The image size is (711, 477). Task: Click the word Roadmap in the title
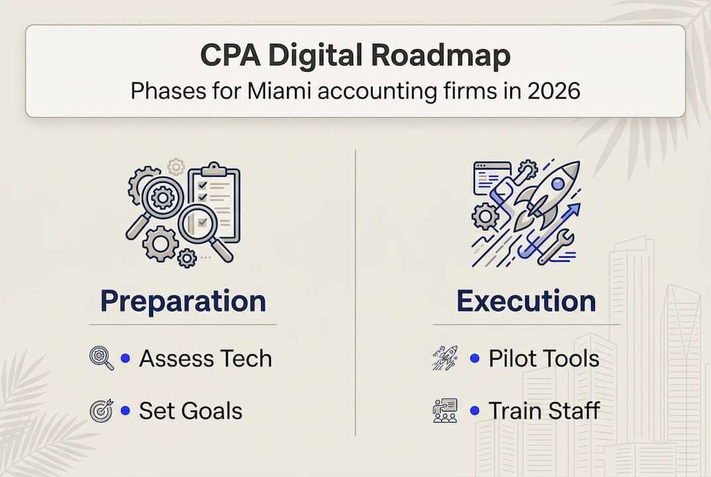(447, 56)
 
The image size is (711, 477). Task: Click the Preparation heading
(183, 301)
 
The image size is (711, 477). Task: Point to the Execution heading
(526, 301)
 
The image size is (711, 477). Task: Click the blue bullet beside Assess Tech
(125, 358)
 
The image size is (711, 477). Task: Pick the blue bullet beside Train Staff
(474, 411)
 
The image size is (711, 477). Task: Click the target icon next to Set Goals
(101, 411)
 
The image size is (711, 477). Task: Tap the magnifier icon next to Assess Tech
(101, 358)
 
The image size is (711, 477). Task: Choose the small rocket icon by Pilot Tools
(445, 358)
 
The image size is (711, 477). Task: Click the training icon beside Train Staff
(445, 411)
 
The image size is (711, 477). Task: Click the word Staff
(573, 411)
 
